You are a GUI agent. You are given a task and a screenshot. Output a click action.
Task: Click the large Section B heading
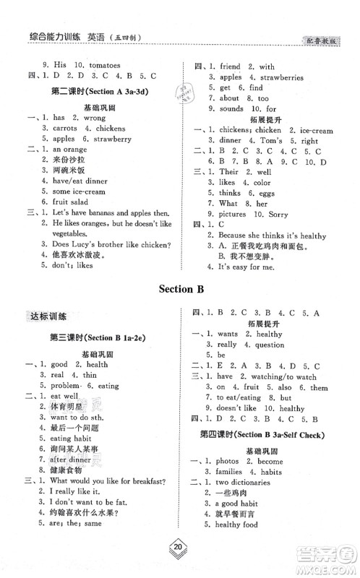coord(181,290)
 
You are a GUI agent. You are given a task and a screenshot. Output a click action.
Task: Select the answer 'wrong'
coord(94,117)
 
